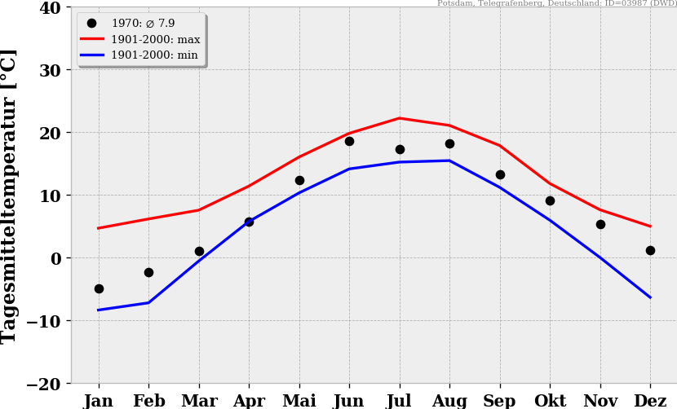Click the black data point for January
click(99, 288)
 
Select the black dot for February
click(148, 272)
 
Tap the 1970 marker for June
click(349, 141)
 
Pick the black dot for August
click(449, 143)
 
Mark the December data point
click(650, 250)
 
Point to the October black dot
click(550, 200)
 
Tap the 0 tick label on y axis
click(55, 258)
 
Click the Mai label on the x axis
click(299, 401)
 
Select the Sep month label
click(500, 401)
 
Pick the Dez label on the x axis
click(650, 401)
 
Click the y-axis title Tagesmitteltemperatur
click(10, 196)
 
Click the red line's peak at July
click(400, 118)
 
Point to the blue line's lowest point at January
click(99, 310)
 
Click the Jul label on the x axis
click(400, 401)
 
